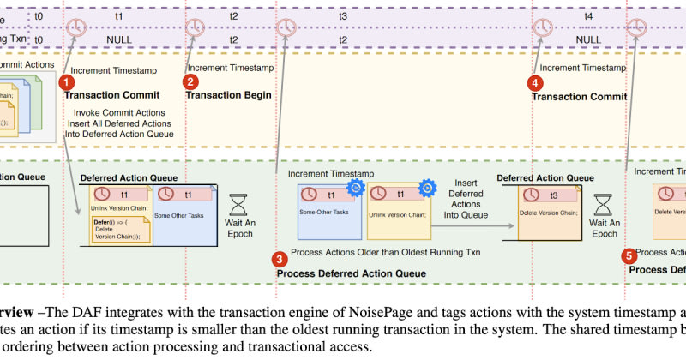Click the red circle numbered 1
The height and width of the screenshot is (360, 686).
coord(65,81)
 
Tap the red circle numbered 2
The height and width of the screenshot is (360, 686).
coord(192,81)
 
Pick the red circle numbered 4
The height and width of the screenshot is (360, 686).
coord(536,83)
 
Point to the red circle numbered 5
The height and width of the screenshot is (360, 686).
coord(630,255)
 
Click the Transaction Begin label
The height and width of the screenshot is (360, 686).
coord(228,95)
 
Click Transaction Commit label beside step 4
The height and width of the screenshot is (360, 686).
coord(574,97)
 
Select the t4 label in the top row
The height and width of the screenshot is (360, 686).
coord(588,16)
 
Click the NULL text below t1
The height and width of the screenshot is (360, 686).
coord(119,39)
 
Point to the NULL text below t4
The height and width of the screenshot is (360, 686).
coord(588,39)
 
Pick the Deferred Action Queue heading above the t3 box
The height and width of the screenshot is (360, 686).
coord(545,177)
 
